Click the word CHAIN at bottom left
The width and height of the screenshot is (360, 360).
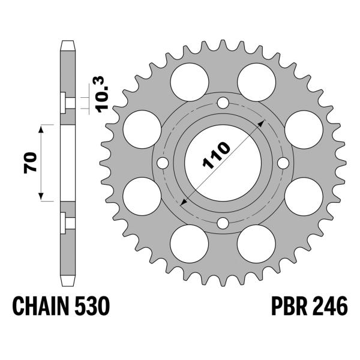[41, 308]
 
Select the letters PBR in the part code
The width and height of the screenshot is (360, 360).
[280, 308]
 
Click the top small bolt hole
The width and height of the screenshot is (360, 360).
[223, 103]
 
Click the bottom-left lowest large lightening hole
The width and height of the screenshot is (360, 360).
[189, 245]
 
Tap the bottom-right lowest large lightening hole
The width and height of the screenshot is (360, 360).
[257, 245]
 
